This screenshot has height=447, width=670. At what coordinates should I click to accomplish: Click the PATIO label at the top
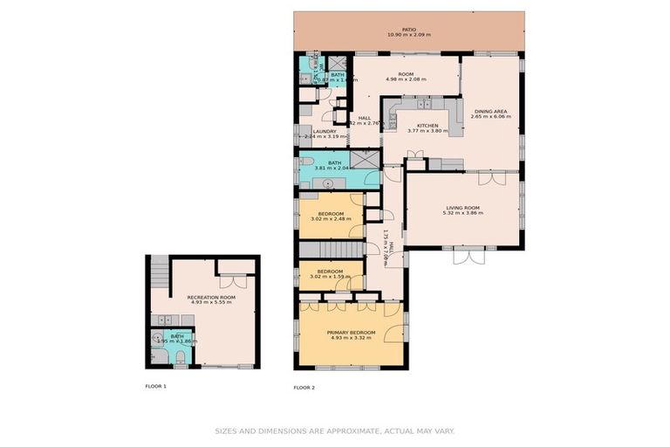point(409,29)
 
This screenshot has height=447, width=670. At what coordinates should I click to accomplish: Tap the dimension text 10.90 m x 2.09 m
point(409,35)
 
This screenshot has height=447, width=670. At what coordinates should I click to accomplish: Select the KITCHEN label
point(427,126)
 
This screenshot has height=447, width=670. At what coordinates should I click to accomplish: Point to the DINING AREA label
point(491,111)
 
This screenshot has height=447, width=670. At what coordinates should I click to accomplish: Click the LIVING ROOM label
point(461,207)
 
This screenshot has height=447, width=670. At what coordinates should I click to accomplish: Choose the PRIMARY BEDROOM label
point(351,332)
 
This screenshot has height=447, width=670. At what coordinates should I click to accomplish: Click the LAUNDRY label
point(324,131)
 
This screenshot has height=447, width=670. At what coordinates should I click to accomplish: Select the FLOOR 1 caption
point(155,385)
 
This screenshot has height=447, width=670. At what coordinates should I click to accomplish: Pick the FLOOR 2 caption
point(304,386)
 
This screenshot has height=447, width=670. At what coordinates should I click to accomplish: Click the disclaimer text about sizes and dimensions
point(334,430)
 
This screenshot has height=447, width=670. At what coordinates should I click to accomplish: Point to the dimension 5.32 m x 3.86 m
point(461,213)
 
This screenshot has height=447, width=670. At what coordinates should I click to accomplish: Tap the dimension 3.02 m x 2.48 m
point(330,219)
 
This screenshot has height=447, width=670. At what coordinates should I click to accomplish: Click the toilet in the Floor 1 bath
point(179,356)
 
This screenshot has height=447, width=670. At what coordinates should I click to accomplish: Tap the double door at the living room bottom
point(468,256)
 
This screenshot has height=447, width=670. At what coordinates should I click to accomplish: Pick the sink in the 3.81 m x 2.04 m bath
point(329,183)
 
